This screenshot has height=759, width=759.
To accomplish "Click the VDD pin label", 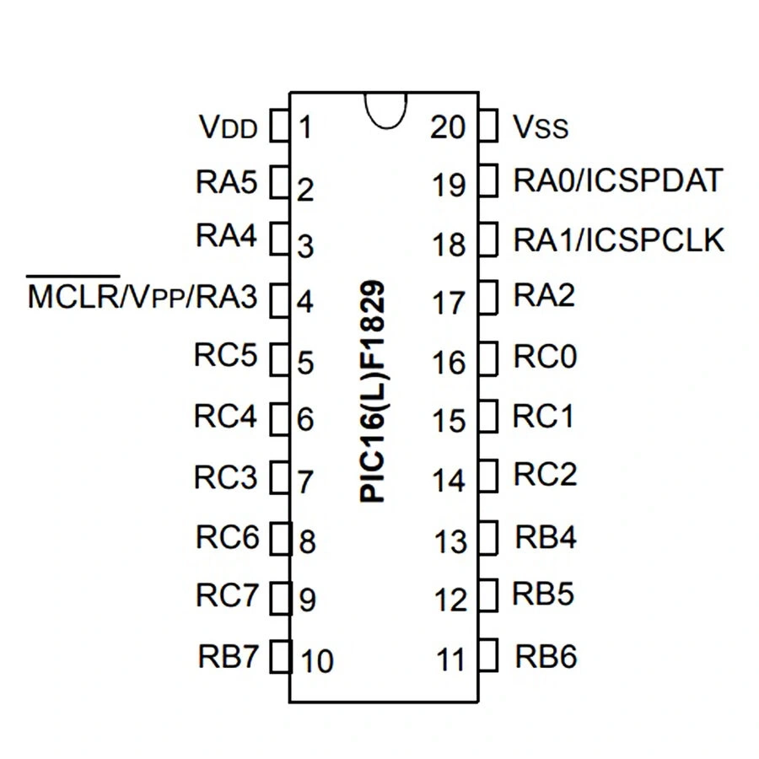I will [x=227, y=128].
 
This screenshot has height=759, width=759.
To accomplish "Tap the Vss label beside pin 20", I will [x=541, y=128].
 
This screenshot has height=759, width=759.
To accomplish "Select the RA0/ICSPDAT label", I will [x=618, y=180].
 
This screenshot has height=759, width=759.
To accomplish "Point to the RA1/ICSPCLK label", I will [x=619, y=240].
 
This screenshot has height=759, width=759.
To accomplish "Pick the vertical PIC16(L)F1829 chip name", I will [x=372, y=392].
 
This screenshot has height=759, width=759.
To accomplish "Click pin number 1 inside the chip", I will [x=305, y=128].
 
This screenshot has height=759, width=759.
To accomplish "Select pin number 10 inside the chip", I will [x=317, y=661].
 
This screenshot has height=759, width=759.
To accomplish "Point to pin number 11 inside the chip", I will [x=452, y=659].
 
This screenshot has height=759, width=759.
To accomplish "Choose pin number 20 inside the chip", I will [x=447, y=127].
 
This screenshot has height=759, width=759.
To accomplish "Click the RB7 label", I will [x=227, y=656].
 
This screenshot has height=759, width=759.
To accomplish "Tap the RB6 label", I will [x=546, y=656].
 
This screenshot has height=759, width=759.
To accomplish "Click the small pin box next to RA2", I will [x=487, y=296].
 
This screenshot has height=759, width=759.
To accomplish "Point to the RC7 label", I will [x=227, y=595].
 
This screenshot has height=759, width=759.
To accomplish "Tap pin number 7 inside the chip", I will [x=306, y=482].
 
